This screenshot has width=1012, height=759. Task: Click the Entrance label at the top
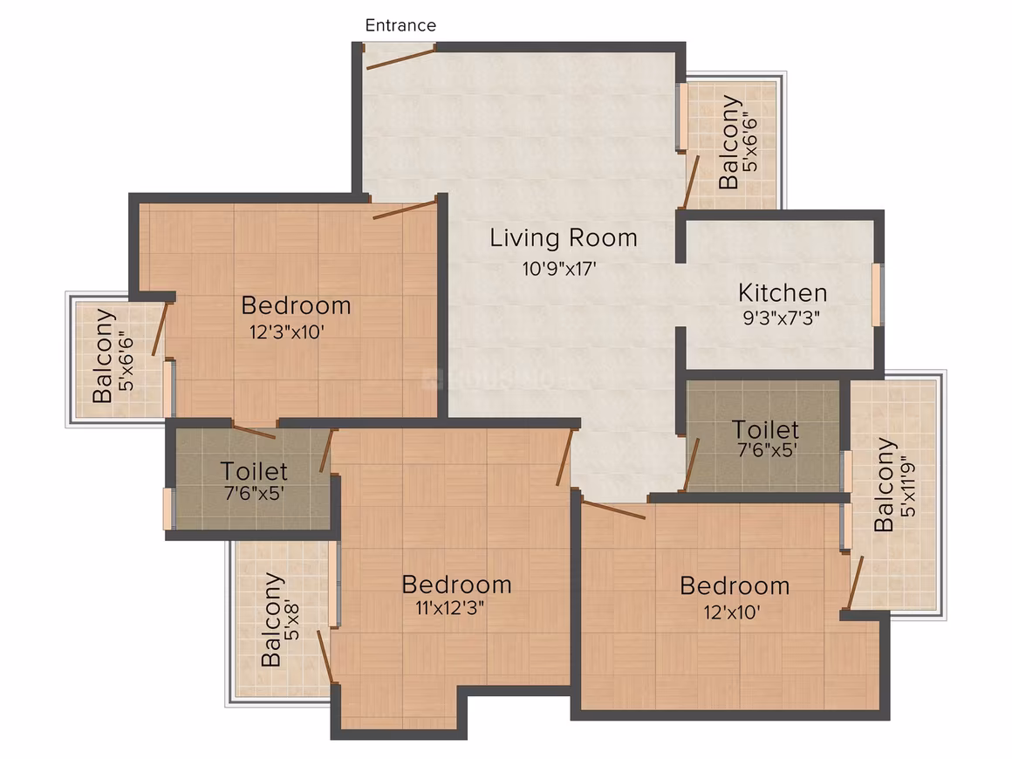[x=400, y=25]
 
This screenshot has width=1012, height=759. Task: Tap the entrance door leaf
[x=400, y=57]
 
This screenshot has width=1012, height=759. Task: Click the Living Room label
[x=563, y=237]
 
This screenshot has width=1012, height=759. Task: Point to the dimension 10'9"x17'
[x=559, y=268]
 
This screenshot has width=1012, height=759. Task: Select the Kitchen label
[x=783, y=293]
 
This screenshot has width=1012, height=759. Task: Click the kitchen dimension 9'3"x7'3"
[x=781, y=318]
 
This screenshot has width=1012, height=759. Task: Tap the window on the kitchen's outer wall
[x=877, y=294]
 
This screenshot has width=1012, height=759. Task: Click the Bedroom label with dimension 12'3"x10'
[x=297, y=305]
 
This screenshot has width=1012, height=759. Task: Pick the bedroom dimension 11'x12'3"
[x=450, y=607]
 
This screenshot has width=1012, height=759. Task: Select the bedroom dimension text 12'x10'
[x=731, y=612]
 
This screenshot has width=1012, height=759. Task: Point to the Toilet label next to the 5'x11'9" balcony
[x=765, y=430]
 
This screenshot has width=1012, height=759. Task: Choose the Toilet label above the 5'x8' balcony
[x=254, y=471]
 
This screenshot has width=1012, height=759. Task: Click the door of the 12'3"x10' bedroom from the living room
[x=405, y=210]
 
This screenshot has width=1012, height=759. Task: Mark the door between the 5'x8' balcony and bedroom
[x=325, y=657]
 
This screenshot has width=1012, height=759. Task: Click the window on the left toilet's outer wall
[x=168, y=509]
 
